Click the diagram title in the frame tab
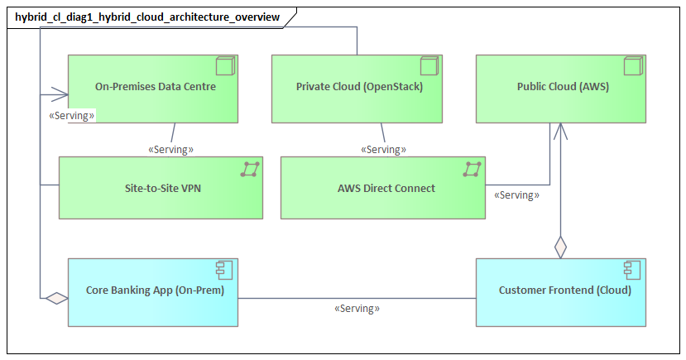[147, 17]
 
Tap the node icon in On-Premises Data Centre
[225, 66]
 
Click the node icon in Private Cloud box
[429, 66]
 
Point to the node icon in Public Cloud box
[632, 66]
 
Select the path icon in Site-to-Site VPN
[250, 169]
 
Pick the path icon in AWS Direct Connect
[473, 169]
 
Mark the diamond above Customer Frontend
[560, 247]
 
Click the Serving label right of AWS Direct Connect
[516, 196]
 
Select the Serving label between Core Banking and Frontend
[357, 308]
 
